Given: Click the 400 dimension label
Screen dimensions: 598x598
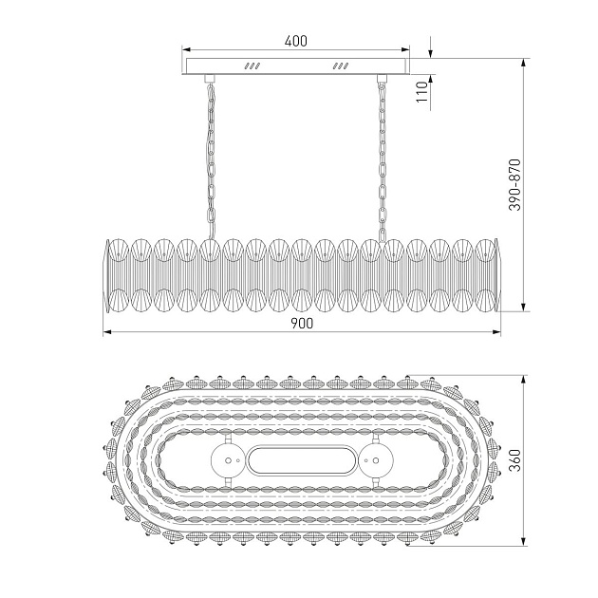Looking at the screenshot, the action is coord(295,41).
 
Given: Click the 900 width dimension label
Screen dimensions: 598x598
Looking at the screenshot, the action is coord(302,324).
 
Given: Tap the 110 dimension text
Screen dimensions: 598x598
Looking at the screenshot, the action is coord(421,91).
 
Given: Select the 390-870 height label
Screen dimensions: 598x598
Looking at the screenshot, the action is coord(514,185).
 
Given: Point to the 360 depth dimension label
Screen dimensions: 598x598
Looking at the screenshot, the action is coord(514,460).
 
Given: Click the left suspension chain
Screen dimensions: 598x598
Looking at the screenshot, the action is coord(211,160).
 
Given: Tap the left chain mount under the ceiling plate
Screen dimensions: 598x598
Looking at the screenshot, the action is coord(209,79).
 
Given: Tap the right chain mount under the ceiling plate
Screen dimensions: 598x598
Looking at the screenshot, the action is coord(382,79).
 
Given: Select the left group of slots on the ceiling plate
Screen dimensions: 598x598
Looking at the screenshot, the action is coord(252,66).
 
